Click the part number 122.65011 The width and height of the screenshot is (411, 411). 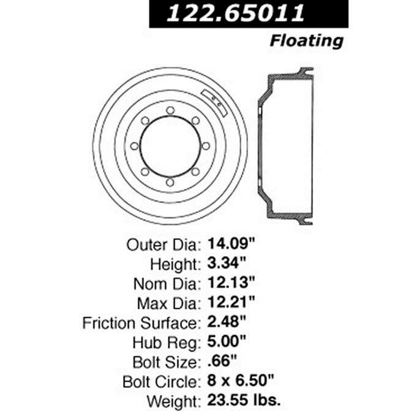[x=249, y=13]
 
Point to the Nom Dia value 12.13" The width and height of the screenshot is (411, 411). [x=233, y=284]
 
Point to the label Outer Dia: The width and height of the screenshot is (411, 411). [x=163, y=246]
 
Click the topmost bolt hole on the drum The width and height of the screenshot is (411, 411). [x=170, y=110]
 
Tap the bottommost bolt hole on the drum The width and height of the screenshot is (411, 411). [x=170, y=182]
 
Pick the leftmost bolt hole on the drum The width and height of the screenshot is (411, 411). [x=134, y=146]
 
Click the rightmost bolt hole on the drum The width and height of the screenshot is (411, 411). [x=206, y=146]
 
